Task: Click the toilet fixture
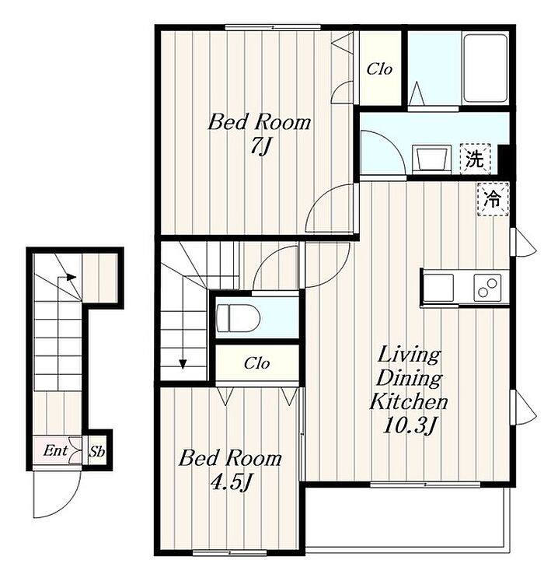(239, 318)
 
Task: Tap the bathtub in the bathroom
(485, 68)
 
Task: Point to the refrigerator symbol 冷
(493, 199)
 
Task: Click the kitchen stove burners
(487, 287)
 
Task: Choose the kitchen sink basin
(438, 287)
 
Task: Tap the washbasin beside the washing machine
(431, 158)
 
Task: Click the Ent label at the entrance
(55, 450)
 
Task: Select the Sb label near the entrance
(97, 451)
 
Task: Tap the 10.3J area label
(410, 426)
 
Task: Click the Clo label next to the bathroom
(379, 68)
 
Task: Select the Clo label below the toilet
(256, 363)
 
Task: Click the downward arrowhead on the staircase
(183, 364)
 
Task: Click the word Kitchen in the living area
(409, 401)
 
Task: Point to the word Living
(410, 355)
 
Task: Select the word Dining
(410, 379)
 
